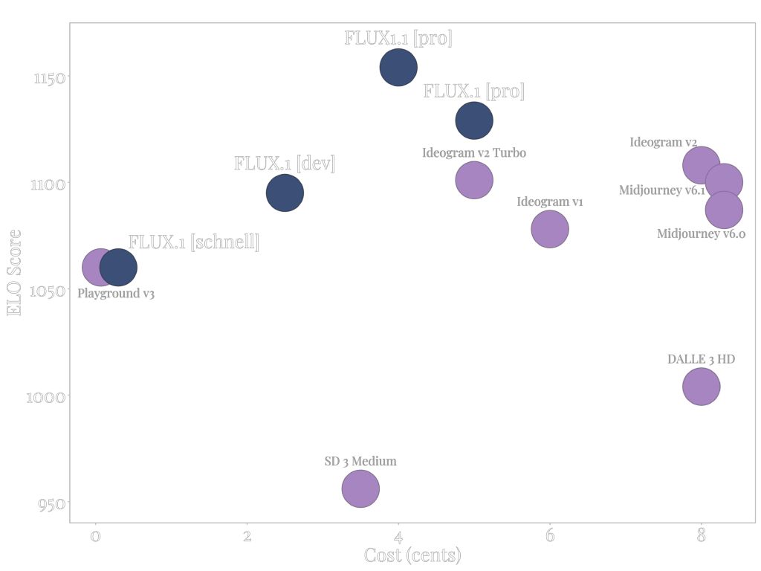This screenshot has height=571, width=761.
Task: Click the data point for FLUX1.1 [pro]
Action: click(398, 67)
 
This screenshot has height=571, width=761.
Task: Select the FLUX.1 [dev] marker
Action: click(285, 193)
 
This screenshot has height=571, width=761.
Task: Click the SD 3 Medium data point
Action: click(360, 488)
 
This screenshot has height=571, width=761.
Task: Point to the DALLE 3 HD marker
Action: click(701, 387)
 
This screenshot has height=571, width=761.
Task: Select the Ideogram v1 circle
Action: click(550, 229)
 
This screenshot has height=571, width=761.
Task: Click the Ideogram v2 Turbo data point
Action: click(474, 180)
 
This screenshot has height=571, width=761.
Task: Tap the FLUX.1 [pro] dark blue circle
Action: click(474, 120)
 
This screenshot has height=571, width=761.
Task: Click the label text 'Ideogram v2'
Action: click(663, 142)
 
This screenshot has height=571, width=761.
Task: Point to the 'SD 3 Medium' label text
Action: click(360, 461)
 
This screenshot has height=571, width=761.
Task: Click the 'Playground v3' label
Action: click(116, 294)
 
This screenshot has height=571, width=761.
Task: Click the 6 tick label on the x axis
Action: click(550, 537)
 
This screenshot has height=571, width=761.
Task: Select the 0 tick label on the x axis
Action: click(95, 537)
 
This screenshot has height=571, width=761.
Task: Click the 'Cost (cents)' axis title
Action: click(412, 555)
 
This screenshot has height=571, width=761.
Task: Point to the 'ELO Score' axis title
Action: click(14, 272)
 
